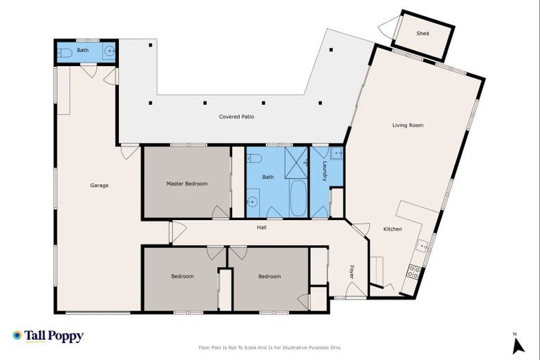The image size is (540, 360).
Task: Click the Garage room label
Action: (99, 186)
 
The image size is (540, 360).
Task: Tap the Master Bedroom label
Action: (187, 184)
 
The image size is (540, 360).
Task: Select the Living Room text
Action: (407, 125)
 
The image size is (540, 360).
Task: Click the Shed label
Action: (423, 33)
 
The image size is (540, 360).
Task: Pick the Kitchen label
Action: (392, 229)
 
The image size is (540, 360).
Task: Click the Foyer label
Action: (352, 271)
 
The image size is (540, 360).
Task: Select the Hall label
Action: (261, 227)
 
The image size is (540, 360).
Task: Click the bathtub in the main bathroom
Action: (297, 198)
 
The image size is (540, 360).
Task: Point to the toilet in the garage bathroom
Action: (63, 51)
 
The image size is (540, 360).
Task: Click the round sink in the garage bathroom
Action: (109, 51)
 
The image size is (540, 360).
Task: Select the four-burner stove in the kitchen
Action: (414, 271)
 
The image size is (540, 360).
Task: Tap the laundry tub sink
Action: (337, 153)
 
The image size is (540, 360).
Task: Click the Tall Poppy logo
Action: (48, 336)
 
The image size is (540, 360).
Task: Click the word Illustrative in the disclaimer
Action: (288, 347)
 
